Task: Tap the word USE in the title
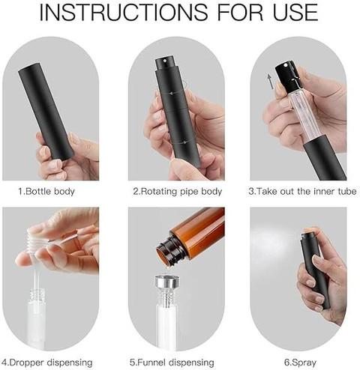pyautogui.click(x=295, y=12)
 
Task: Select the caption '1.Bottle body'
pyautogui.click(x=46, y=192)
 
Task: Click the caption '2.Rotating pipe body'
pyautogui.click(x=178, y=192)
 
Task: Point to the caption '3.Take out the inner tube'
pyautogui.click(x=302, y=192)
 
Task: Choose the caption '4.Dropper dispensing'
pyautogui.click(x=47, y=363)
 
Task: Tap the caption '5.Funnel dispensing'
pyautogui.click(x=172, y=363)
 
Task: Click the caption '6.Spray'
pyautogui.click(x=300, y=363)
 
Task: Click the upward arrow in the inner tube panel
pyautogui.click(x=269, y=82)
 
